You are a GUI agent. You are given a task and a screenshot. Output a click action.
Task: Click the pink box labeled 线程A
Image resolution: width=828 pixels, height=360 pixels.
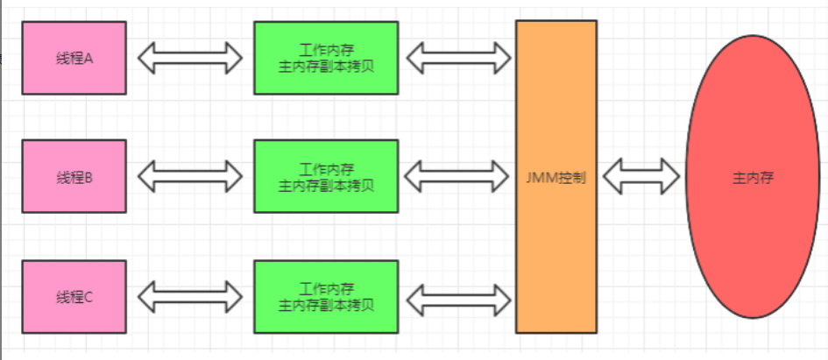(74, 59)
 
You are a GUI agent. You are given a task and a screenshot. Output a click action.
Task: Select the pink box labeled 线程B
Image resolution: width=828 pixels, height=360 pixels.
(74, 177)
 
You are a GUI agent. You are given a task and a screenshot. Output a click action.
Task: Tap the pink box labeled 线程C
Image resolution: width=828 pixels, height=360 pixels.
(74, 296)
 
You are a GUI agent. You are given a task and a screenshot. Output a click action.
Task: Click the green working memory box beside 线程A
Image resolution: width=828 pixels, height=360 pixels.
(326, 58)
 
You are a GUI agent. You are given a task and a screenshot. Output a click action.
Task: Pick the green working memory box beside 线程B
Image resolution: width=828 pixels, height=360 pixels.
(326, 177)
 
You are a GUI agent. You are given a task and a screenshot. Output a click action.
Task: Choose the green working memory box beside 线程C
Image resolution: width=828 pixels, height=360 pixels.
(326, 296)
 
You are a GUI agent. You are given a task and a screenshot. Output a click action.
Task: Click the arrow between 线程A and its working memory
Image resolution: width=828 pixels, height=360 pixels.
(190, 59)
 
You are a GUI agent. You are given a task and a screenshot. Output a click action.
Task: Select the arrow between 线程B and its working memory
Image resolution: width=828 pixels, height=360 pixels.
(190, 177)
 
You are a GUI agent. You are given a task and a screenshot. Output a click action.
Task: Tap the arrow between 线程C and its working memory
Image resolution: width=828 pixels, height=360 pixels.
(190, 296)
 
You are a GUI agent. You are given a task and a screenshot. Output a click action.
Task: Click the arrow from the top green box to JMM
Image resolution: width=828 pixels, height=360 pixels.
(458, 59)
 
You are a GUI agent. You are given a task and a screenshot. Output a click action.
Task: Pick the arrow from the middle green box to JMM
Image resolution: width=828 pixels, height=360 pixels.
(458, 177)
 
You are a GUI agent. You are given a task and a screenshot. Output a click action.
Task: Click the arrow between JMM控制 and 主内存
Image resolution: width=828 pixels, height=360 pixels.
(642, 177)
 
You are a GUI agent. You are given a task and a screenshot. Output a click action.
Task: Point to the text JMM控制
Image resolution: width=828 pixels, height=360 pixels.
(556, 177)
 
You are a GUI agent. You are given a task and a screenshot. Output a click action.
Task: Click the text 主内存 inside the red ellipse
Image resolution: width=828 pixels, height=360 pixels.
(753, 177)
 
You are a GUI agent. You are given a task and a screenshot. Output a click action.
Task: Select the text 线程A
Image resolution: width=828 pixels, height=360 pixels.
(74, 59)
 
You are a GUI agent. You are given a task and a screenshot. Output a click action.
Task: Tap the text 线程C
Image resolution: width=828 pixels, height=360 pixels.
(74, 296)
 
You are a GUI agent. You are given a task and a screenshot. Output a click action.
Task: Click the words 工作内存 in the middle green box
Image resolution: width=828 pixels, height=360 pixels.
(326, 168)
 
